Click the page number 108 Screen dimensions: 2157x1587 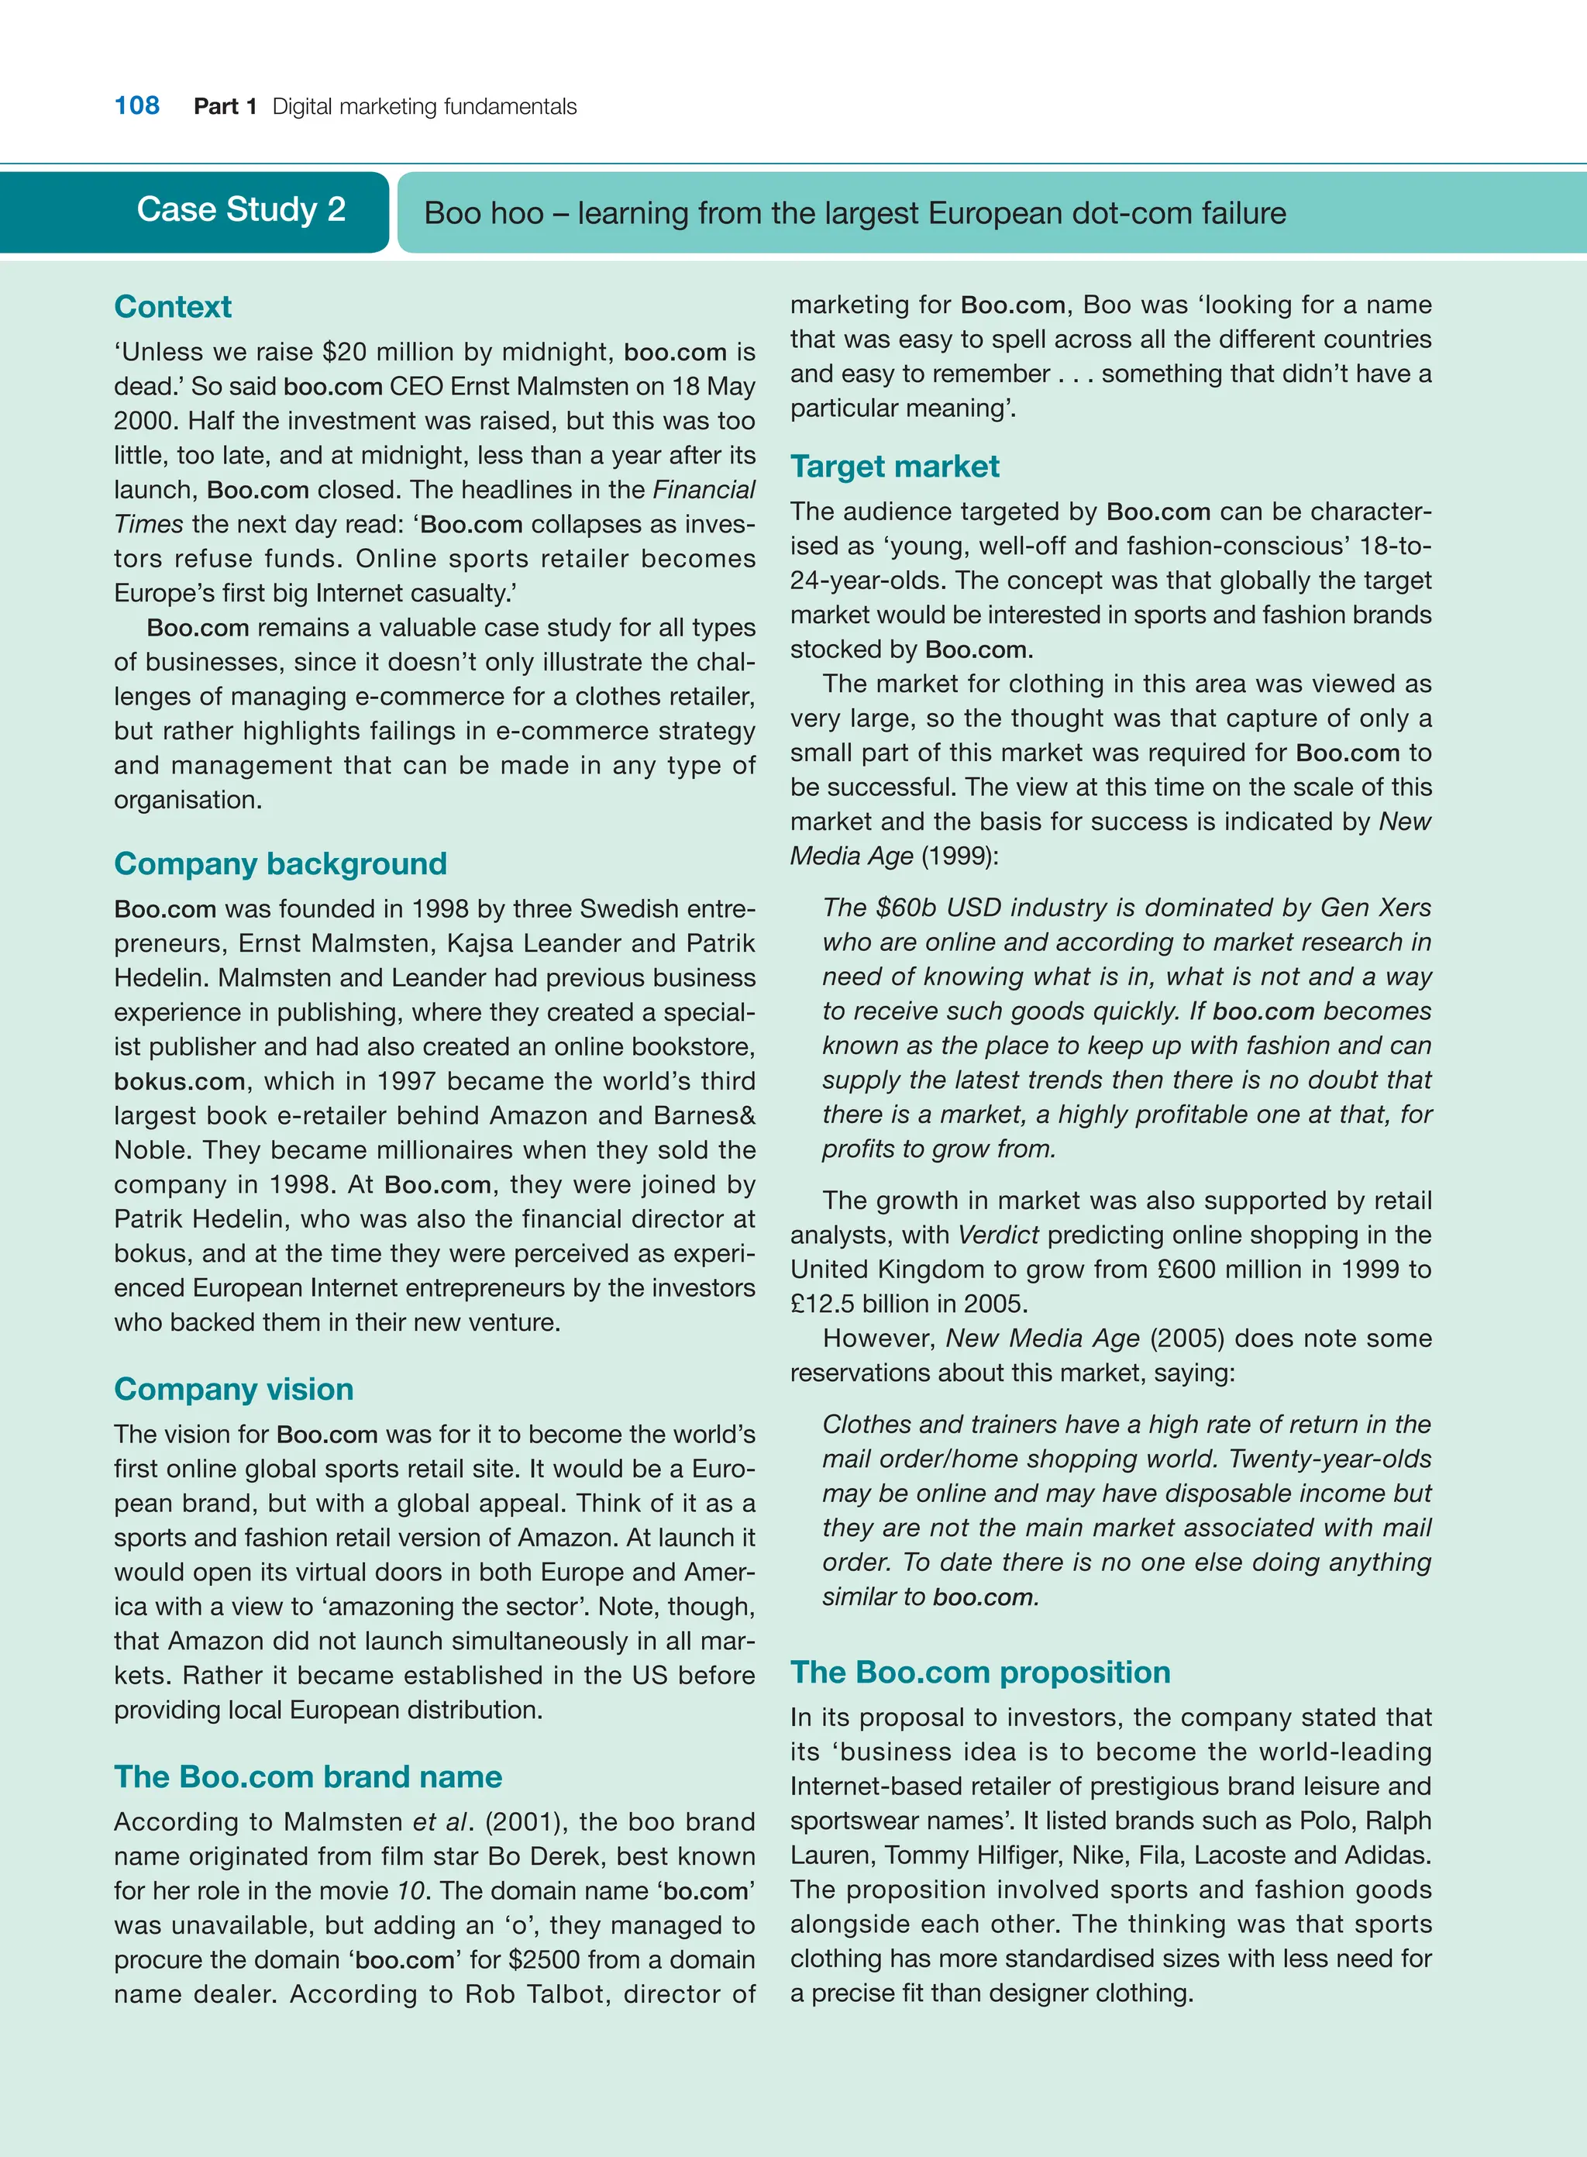coord(136,105)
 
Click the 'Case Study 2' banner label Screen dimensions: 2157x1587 coord(241,209)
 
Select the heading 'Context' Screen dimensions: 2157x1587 coord(173,306)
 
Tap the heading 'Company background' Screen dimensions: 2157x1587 coord(281,863)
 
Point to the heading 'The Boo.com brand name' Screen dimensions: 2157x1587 coord(308,1776)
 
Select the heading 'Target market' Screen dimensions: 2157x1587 coord(894,466)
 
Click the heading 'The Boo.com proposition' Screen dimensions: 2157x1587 coord(980,1672)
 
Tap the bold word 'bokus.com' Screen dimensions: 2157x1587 coord(180,1081)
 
